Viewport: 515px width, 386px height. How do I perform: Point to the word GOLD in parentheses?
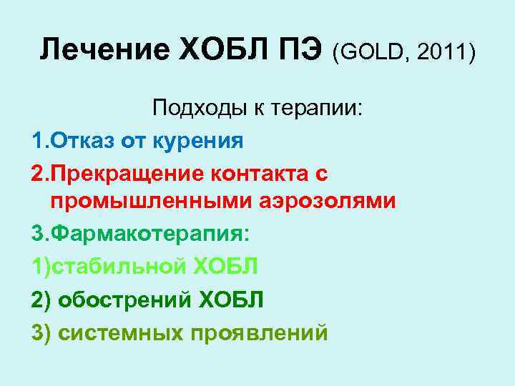[371, 51]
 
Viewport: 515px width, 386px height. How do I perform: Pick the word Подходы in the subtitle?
[193, 109]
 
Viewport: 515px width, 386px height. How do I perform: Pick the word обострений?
[123, 299]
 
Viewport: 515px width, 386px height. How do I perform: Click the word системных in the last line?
[123, 332]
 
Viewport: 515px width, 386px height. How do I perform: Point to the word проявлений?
[261, 332]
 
